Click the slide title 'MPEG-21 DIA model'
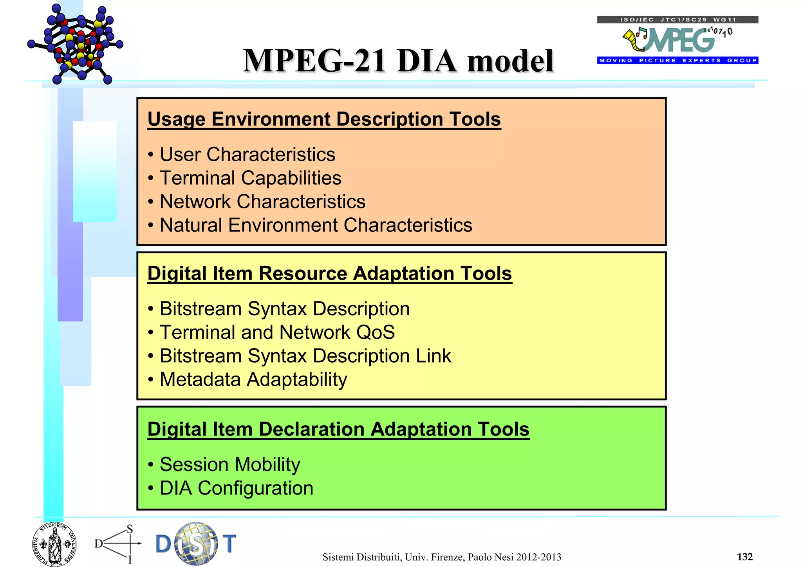[398, 61]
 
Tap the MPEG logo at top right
[677, 40]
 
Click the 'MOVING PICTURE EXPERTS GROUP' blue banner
[677, 60]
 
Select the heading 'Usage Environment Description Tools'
[324, 119]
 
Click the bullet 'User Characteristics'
[247, 154]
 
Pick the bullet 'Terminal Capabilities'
[250, 178]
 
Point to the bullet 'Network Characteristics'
[262, 202]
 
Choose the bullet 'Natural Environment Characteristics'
[316, 225]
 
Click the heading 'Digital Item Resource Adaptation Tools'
[329, 273]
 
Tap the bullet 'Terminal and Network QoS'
[277, 332]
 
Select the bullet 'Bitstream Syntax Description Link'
[305, 356]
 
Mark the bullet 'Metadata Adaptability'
[253, 379]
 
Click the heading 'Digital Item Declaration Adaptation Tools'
[338, 429]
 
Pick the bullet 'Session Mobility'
[229, 464]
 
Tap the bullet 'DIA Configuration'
[236, 488]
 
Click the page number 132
[744, 556]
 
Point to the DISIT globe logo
[196, 544]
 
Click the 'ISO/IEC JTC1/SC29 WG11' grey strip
[677, 20]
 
